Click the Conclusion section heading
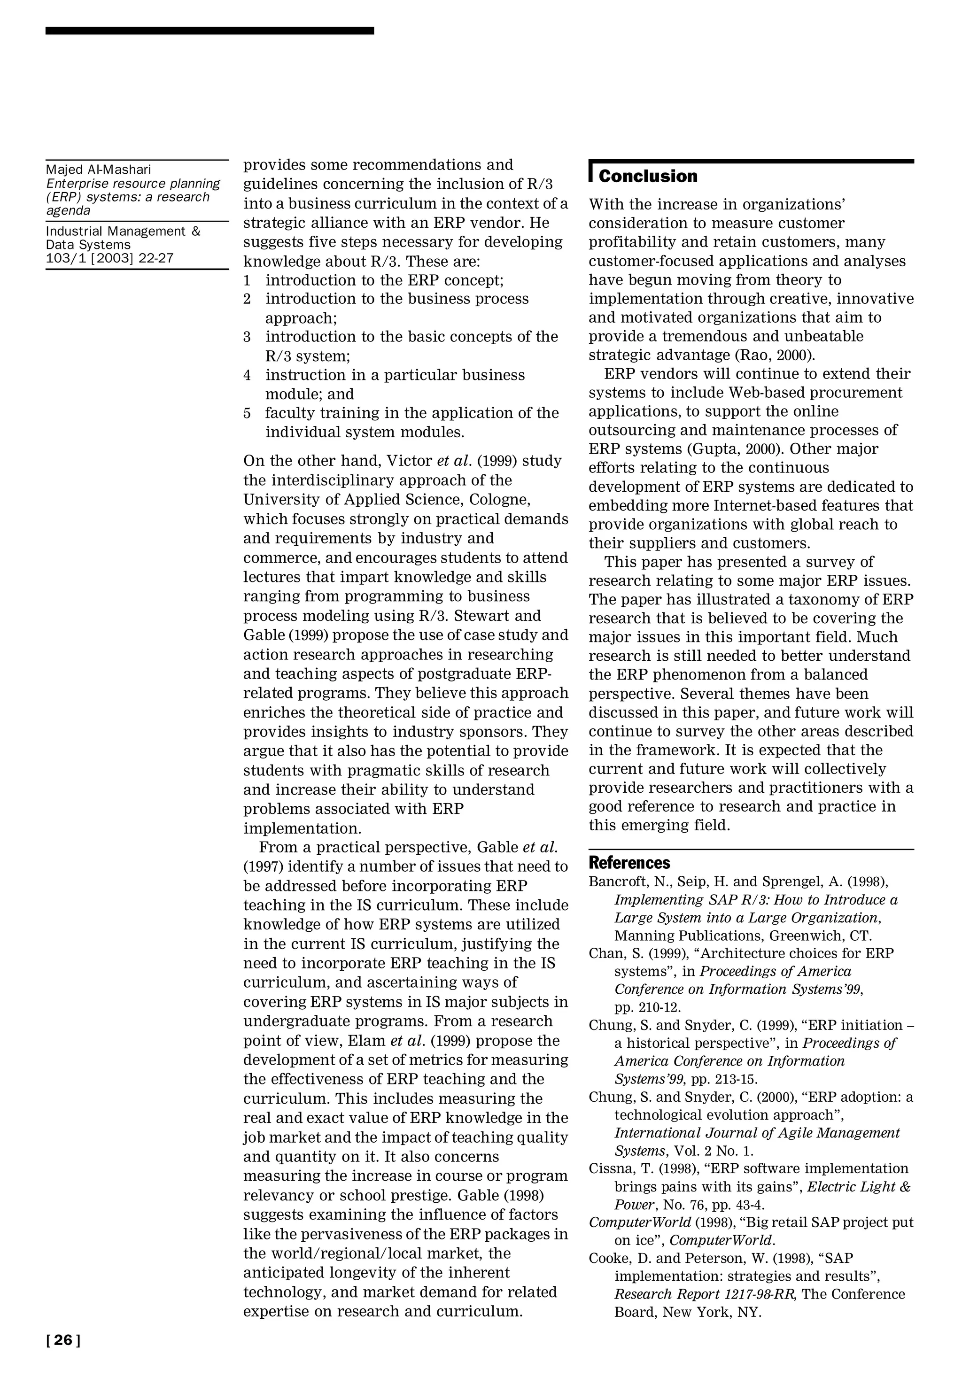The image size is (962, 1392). click(648, 177)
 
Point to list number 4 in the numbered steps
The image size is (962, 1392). click(247, 375)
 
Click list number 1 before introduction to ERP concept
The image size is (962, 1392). click(247, 280)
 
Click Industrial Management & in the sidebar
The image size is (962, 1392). click(123, 232)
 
